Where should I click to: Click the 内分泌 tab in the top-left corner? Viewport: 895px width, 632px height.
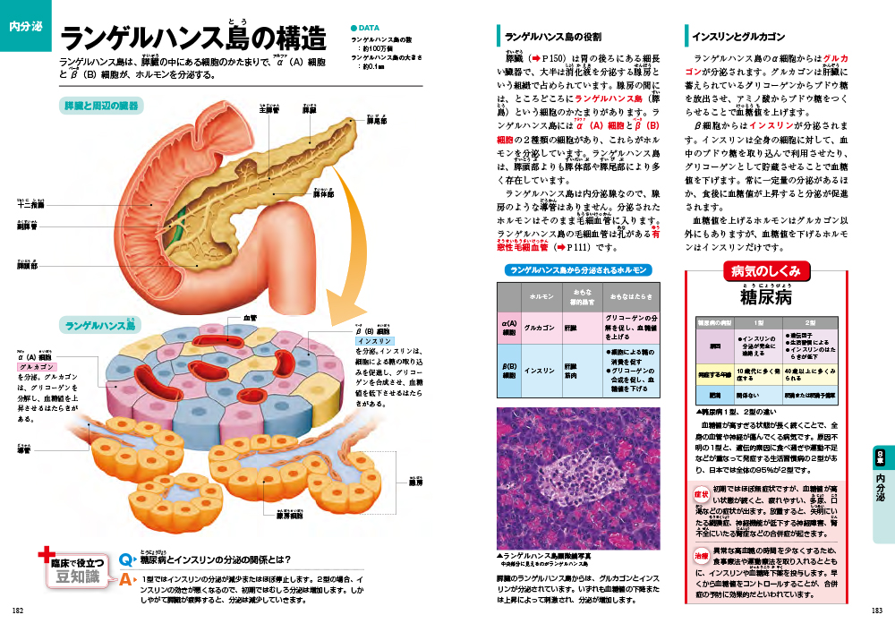point(24,26)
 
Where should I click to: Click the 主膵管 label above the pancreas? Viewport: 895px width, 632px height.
point(269,111)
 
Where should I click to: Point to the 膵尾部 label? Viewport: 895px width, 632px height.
point(377,121)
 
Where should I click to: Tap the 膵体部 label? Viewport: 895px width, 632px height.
point(323,193)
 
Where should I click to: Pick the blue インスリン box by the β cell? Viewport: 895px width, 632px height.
point(374,341)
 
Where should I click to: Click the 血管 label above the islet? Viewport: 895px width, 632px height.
point(251,318)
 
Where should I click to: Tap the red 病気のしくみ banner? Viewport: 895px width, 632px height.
point(765,271)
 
